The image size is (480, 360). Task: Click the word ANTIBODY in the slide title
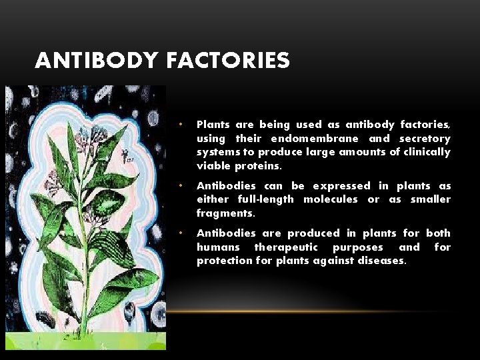(x=97, y=61)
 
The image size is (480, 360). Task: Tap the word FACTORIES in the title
(x=229, y=61)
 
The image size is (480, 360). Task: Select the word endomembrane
(x=313, y=139)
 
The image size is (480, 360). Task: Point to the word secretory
(x=424, y=139)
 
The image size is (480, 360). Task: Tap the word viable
(x=211, y=166)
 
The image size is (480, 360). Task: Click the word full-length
(x=262, y=200)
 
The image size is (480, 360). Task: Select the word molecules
(x=331, y=200)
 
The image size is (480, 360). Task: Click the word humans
(x=218, y=247)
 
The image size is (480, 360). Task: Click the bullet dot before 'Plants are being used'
(x=180, y=125)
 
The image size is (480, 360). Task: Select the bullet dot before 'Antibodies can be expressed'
(x=180, y=186)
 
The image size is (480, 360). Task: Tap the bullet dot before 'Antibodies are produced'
(x=180, y=233)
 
